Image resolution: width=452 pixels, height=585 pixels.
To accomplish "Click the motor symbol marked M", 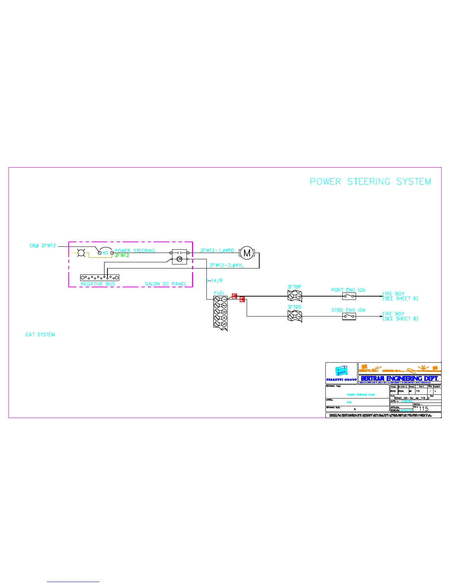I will click(247, 253).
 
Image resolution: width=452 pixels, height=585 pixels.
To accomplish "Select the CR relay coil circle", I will click(179, 259).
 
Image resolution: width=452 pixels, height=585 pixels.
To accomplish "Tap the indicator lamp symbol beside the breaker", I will click(82, 253).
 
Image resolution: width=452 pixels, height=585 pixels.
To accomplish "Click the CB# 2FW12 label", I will click(42, 246).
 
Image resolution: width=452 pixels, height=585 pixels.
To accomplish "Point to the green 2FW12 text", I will click(122, 256).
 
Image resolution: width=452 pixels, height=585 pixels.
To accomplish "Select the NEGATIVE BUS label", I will click(98, 284).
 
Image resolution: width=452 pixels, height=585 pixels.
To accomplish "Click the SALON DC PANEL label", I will click(166, 284).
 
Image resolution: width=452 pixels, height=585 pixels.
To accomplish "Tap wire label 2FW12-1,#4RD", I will click(217, 250).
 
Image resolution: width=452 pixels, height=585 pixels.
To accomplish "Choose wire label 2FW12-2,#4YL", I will click(226, 265).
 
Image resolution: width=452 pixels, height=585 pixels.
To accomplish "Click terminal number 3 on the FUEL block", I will click(224, 312).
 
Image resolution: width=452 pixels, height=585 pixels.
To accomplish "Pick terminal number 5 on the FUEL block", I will click(224, 324).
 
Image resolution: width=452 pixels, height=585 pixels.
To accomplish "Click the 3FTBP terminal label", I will click(294, 287).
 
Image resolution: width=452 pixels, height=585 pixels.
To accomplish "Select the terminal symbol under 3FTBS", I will click(295, 317).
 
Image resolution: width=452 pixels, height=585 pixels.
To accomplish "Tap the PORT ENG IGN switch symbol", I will click(349, 296).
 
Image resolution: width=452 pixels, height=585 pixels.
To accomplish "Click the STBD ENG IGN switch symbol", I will click(349, 317).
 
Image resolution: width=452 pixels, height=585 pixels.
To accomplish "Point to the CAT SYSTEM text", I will click(40, 335).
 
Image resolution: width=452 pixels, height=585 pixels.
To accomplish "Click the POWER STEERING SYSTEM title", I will click(370, 182).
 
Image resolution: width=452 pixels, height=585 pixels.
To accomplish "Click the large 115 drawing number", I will click(424, 409).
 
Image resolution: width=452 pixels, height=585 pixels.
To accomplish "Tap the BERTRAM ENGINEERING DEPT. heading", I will click(400, 379).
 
